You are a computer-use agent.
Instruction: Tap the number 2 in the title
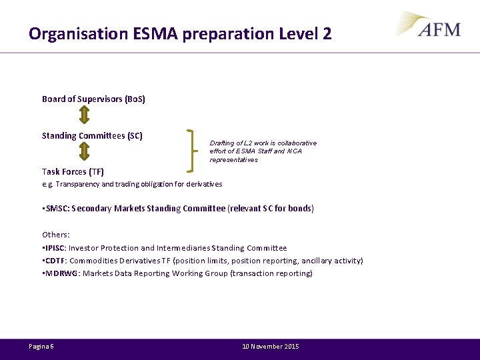[327, 33]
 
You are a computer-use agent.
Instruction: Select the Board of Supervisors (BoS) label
[93, 99]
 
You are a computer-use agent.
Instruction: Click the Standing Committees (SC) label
[92, 136]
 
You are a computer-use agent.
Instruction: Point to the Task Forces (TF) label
[73, 172]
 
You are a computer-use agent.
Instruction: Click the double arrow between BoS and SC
[84, 117]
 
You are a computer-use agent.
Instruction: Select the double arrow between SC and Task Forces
[84, 153]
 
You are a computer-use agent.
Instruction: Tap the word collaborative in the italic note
[297, 143]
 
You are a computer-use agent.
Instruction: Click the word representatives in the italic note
[233, 160]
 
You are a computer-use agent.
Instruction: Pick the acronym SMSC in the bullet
[55, 209]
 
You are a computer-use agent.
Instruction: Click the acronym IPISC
[56, 248]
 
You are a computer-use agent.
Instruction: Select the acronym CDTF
[56, 261]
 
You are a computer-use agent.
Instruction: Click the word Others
[55, 235]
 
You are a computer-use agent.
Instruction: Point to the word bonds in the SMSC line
[300, 209]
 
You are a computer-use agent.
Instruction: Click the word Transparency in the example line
[77, 184]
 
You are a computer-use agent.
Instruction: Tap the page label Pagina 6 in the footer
[41, 347]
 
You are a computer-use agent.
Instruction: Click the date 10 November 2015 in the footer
[270, 347]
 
